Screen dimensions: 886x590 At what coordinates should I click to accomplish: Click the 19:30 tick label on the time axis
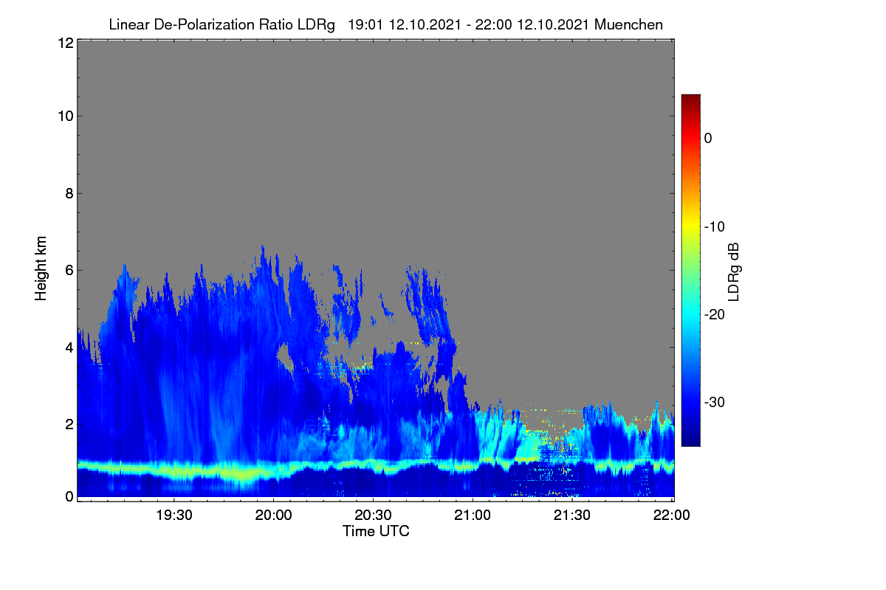[x=174, y=516]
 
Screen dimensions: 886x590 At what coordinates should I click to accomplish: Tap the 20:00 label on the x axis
[x=273, y=516]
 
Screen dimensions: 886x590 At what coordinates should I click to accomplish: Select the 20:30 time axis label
[x=373, y=516]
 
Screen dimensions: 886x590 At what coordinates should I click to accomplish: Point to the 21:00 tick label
[x=473, y=516]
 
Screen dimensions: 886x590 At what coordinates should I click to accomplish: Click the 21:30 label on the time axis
[x=572, y=516]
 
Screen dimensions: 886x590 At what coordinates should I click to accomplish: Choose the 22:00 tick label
[x=671, y=516]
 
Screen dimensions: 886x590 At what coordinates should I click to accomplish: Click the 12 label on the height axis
[x=66, y=43]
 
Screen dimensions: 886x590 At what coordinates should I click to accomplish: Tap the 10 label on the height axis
[x=66, y=117]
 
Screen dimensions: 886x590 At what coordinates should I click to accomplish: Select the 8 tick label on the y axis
[x=69, y=194]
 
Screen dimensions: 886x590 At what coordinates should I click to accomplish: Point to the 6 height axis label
[x=69, y=271]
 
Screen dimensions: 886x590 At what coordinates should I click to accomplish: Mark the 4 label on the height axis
[x=69, y=348]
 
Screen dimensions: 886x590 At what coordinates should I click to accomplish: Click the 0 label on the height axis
[x=69, y=497]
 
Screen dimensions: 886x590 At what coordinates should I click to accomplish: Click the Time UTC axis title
[x=376, y=532]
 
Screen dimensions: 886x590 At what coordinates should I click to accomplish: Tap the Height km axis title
[x=41, y=268]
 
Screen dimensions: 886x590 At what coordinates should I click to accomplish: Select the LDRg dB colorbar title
[x=734, y=272]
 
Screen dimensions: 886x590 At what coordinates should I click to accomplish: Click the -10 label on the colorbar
[x=715, y=227]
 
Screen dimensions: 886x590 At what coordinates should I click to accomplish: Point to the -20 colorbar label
[x=715, y=315]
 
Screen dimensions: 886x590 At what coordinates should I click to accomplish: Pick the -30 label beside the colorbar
[x=715, y=402]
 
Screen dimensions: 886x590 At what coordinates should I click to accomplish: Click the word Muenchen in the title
[x=628, y=25]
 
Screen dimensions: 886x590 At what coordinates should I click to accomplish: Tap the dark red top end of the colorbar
[x=690, y=97]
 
